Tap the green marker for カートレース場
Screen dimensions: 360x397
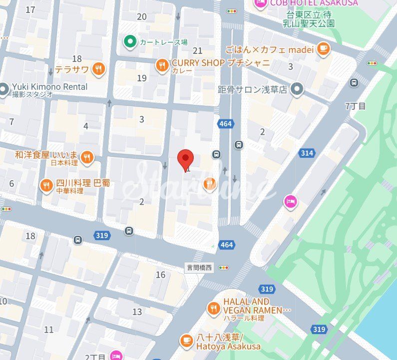(x=130, y=41)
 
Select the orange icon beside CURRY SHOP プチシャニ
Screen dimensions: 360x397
(x=161, y=65)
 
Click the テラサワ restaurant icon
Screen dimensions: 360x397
(x=99, y=69)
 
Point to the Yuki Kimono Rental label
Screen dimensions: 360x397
(x=49, y=87)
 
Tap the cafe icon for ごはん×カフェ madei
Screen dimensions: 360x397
(x=324, y=49)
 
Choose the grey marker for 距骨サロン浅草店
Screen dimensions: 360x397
(x=298, y=89)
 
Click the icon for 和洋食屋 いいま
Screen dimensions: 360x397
(x=87, y=157)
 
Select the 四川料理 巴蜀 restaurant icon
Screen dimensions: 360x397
(x=46, y=186)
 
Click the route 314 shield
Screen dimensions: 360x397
(x=307, y=153)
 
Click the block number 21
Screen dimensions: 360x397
(x=198, y=50)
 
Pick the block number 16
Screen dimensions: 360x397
(x=160, y=275)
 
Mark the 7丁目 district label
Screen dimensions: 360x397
(x=356, y=106)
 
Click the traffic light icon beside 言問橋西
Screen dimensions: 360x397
(x=223, y=268)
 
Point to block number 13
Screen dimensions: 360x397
(x=137, y=312)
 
